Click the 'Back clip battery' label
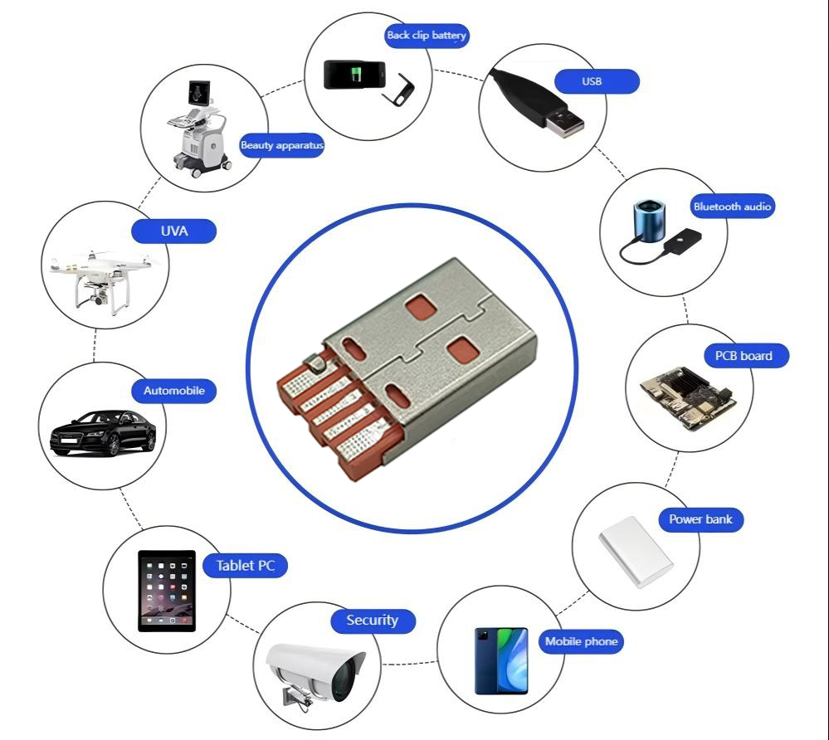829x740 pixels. click(x=427, y=35)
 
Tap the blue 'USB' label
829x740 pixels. click(x=592, y=81)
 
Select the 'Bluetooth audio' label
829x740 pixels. click(x=732, y=207)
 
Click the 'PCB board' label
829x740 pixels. click(x=743, y=356)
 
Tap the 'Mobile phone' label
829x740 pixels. click(x=581, y=641)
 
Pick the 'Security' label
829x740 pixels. click(x=372, y=620)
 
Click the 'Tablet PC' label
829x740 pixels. click(x=245, y=566)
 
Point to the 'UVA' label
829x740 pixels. click(x=174, y=231)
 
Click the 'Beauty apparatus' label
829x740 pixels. click(x=281, y=145)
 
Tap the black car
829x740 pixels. click(x=103, y=432)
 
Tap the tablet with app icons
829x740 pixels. click(x=167, y=590)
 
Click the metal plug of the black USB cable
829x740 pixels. click(x=565, y=120)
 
